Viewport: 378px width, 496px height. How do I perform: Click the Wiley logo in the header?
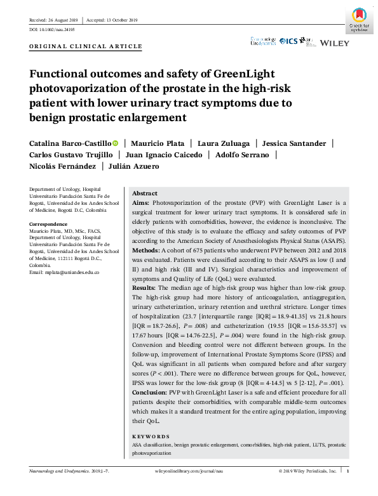tap(334, 42)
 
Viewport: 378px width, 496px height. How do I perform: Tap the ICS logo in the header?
tap(288, 41)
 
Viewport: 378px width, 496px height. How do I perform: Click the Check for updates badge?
tap(359, 19)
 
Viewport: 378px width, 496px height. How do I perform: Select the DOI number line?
tap(53, 29)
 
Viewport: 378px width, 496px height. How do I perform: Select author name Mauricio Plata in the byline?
tap(154, 143)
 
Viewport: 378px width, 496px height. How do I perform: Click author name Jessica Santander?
tap(297, 143)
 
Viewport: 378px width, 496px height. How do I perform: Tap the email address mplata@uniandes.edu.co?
tap(65, 272)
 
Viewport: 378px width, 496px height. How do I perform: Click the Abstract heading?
tap(145, 193)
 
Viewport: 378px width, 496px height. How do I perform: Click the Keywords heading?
tap(151, 436)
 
